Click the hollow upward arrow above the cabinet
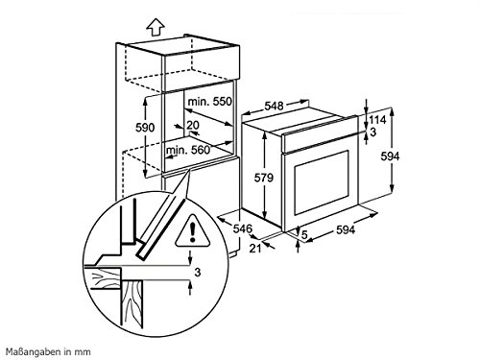coord(156,27)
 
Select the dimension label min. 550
coord(209,102)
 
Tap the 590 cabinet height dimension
coord(145,128)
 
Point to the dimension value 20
coord(193,125)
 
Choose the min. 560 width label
coord(188,150)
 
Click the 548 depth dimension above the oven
coord(275,106)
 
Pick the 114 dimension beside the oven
coord(378,120)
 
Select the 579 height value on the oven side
coord(264,178)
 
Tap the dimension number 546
coord(242,228)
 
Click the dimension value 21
coord(255,248)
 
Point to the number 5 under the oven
coord(304,234)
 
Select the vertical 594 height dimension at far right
coord(390,156)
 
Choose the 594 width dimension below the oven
coord(346,229)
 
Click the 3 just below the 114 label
coord(373,132)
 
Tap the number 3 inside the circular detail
coord(198,272)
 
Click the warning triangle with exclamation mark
coord(192,230)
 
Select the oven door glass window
coord(322,182)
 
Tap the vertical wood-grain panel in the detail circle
coord(132,303)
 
